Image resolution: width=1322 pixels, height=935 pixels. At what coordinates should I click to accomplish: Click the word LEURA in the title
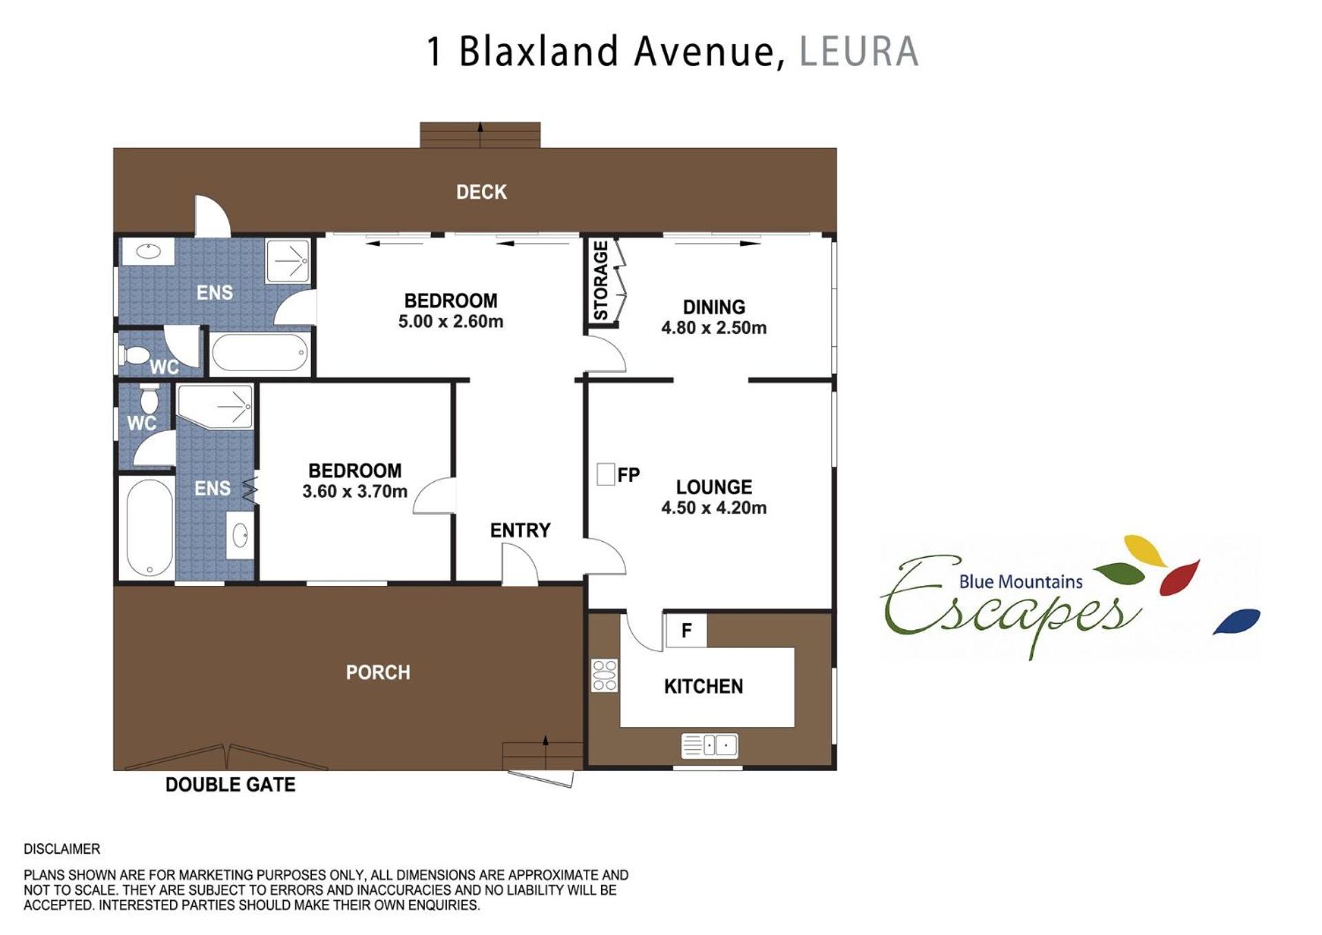tap(859, 52)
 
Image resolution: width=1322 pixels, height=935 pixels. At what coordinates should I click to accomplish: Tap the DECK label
tap(481, 192)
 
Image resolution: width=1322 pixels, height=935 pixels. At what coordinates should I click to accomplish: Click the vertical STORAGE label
tap(601, 280)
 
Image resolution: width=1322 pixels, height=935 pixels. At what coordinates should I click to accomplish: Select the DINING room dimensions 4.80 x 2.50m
tap(714, 328)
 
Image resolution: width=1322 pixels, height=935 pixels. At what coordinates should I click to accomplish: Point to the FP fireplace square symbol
tap(606, 474)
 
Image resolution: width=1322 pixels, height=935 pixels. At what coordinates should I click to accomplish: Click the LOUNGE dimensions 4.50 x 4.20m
tap(714, 508)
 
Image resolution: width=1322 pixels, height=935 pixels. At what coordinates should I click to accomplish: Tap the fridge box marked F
tap(686, 630)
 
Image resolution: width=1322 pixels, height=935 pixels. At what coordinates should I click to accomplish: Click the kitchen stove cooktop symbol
tap(605, 675)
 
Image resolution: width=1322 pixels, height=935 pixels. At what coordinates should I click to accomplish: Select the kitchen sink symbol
tap(709, 746)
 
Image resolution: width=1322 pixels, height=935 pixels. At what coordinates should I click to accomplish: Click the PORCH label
tap(378, 673)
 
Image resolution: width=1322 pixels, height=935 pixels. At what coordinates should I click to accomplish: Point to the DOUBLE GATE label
tap(231, 785)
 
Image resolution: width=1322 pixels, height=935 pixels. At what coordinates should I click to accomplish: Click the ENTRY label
tap(521, 531)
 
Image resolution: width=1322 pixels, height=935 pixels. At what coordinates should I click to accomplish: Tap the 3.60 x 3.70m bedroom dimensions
tap(355, 492)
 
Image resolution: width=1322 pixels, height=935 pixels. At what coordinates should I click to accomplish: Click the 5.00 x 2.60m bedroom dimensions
tap(451, 322)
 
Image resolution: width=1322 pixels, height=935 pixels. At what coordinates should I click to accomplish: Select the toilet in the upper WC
tap(135, 355)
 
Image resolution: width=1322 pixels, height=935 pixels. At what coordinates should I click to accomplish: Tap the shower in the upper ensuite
tap(288, 261)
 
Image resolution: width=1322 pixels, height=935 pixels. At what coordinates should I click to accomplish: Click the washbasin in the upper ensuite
tap(148, 251)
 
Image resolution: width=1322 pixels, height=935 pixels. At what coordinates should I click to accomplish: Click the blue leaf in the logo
tap(1237, 621)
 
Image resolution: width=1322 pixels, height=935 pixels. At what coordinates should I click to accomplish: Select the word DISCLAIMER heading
tap(62, 849)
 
